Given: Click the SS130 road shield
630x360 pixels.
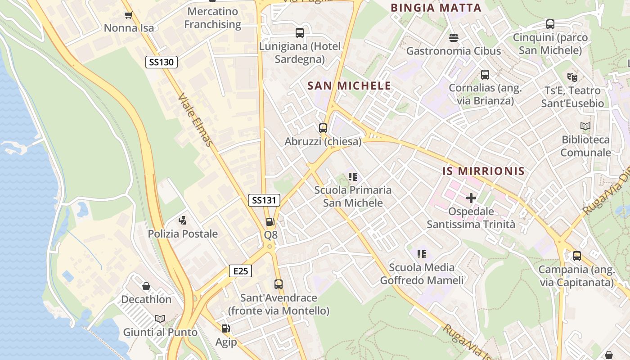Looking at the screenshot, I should (x=161, y=62).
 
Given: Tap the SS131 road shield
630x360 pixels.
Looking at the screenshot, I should (x=264, y=200).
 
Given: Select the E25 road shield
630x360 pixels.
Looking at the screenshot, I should (x=240, y=271).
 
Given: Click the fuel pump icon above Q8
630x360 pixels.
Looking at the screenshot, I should (x=270, y=222).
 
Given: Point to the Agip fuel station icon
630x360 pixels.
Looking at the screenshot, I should (x=225, y=329).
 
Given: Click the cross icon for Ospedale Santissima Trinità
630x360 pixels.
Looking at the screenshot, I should (x=471, y=198).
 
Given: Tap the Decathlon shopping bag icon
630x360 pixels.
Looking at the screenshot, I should (x=146, y=286).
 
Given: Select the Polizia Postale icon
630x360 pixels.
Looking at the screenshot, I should (x=182, y=220).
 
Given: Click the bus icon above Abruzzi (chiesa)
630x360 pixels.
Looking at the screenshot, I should (x=323, y=128).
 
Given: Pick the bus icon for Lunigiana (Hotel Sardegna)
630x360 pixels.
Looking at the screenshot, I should (x=300, y=33).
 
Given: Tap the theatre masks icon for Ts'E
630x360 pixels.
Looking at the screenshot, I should (x=572, y=77).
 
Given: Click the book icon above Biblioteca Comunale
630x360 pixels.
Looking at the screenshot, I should (x=585, y=126).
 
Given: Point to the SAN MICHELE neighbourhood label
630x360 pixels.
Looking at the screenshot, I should (x=349, y=85).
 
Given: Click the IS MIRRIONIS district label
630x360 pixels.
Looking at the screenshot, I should (x=483, y=171).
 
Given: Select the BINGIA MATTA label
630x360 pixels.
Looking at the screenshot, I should (x=436, y=8).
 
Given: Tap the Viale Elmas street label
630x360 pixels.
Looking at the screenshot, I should (x=195, y=119).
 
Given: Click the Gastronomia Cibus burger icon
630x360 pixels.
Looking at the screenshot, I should (x=453, y=37).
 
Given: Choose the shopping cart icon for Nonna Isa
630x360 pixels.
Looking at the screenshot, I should (x=128, y=15).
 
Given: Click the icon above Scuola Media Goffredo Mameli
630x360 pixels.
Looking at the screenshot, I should (x=422, y=254).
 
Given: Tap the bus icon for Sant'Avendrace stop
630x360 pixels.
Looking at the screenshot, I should (x=279, y=284).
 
